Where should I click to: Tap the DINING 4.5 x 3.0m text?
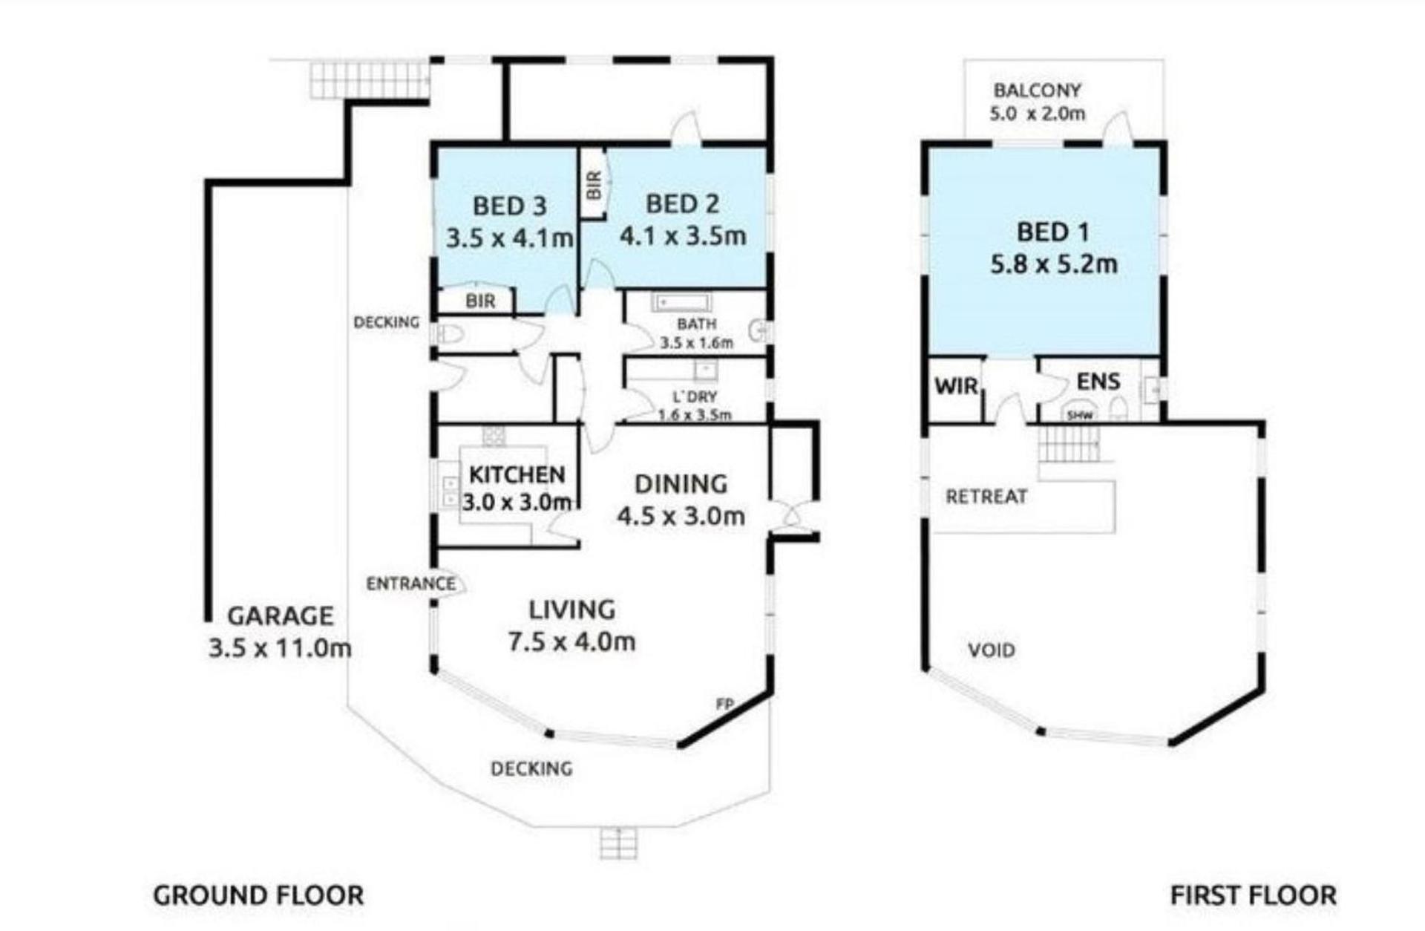point(681,500)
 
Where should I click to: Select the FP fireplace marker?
point(724,703)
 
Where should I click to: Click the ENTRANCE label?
point(410,584)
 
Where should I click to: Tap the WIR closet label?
point(957,386)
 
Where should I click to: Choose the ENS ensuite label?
point(1098,382)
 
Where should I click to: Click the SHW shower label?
point(1080,416)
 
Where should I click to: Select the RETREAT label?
point(986,496)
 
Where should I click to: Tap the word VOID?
point(992,650)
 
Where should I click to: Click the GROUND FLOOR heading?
point(258,895)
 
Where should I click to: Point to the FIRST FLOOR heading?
point(1254,895)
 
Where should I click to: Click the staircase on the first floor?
point(1068,443)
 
